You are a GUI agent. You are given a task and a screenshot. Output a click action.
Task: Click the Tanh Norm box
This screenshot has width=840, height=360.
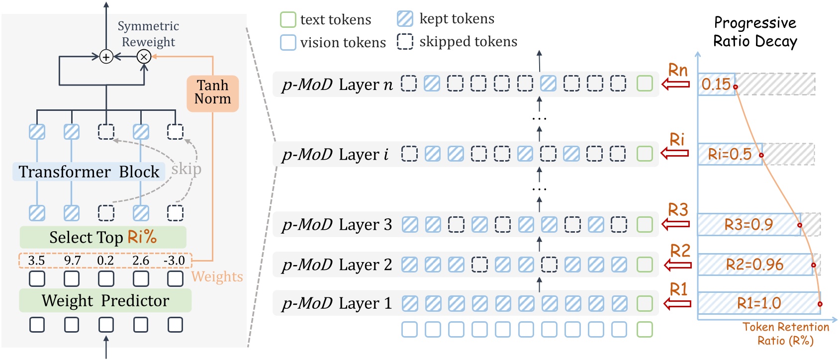tap(212, 92)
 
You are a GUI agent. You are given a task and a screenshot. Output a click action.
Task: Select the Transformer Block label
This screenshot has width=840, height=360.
tap(89, 172)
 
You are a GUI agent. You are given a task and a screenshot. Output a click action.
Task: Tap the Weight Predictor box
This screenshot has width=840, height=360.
tap(105, 300)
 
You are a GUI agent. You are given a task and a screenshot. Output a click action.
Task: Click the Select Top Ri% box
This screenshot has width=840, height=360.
tap(103, 237)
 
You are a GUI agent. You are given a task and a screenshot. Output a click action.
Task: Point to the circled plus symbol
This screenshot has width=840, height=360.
tap(106, 57)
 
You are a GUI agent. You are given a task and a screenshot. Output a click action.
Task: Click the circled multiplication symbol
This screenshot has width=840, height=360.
tap(144, 57)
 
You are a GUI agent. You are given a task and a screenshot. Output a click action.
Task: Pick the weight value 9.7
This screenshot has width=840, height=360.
tap(72, 261)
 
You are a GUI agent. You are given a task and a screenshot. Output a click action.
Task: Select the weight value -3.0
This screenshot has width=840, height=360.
tap(174, 261)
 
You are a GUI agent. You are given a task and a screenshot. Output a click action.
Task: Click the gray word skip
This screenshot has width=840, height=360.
tap(187, 169)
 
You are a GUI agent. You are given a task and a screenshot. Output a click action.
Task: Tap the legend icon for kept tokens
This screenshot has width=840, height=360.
tap(405, 19)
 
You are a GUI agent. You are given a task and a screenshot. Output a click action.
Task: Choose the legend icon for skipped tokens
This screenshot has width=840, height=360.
tap(405, 42)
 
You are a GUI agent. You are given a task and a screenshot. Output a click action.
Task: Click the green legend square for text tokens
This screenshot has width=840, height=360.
tap(288, 20)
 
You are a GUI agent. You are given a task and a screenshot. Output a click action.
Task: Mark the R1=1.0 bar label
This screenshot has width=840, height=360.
tap(759, 303)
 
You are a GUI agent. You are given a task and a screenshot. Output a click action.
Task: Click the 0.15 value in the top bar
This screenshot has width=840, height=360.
tap(716, 84)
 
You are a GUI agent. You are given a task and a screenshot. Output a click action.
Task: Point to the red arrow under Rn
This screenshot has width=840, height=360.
tap(676, 84)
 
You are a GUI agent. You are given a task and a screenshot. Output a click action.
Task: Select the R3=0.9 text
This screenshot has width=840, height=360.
tap(748, 225)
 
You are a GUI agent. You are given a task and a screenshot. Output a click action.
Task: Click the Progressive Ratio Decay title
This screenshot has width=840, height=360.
tap(755, 32)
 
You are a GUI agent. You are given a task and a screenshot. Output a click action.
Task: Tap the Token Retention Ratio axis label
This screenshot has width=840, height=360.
tap(786, 334)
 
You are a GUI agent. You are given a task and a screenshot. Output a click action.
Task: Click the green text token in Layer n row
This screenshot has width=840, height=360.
tap(645, 84)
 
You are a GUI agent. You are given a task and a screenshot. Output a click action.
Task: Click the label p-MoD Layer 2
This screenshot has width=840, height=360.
tap(337, 265)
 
